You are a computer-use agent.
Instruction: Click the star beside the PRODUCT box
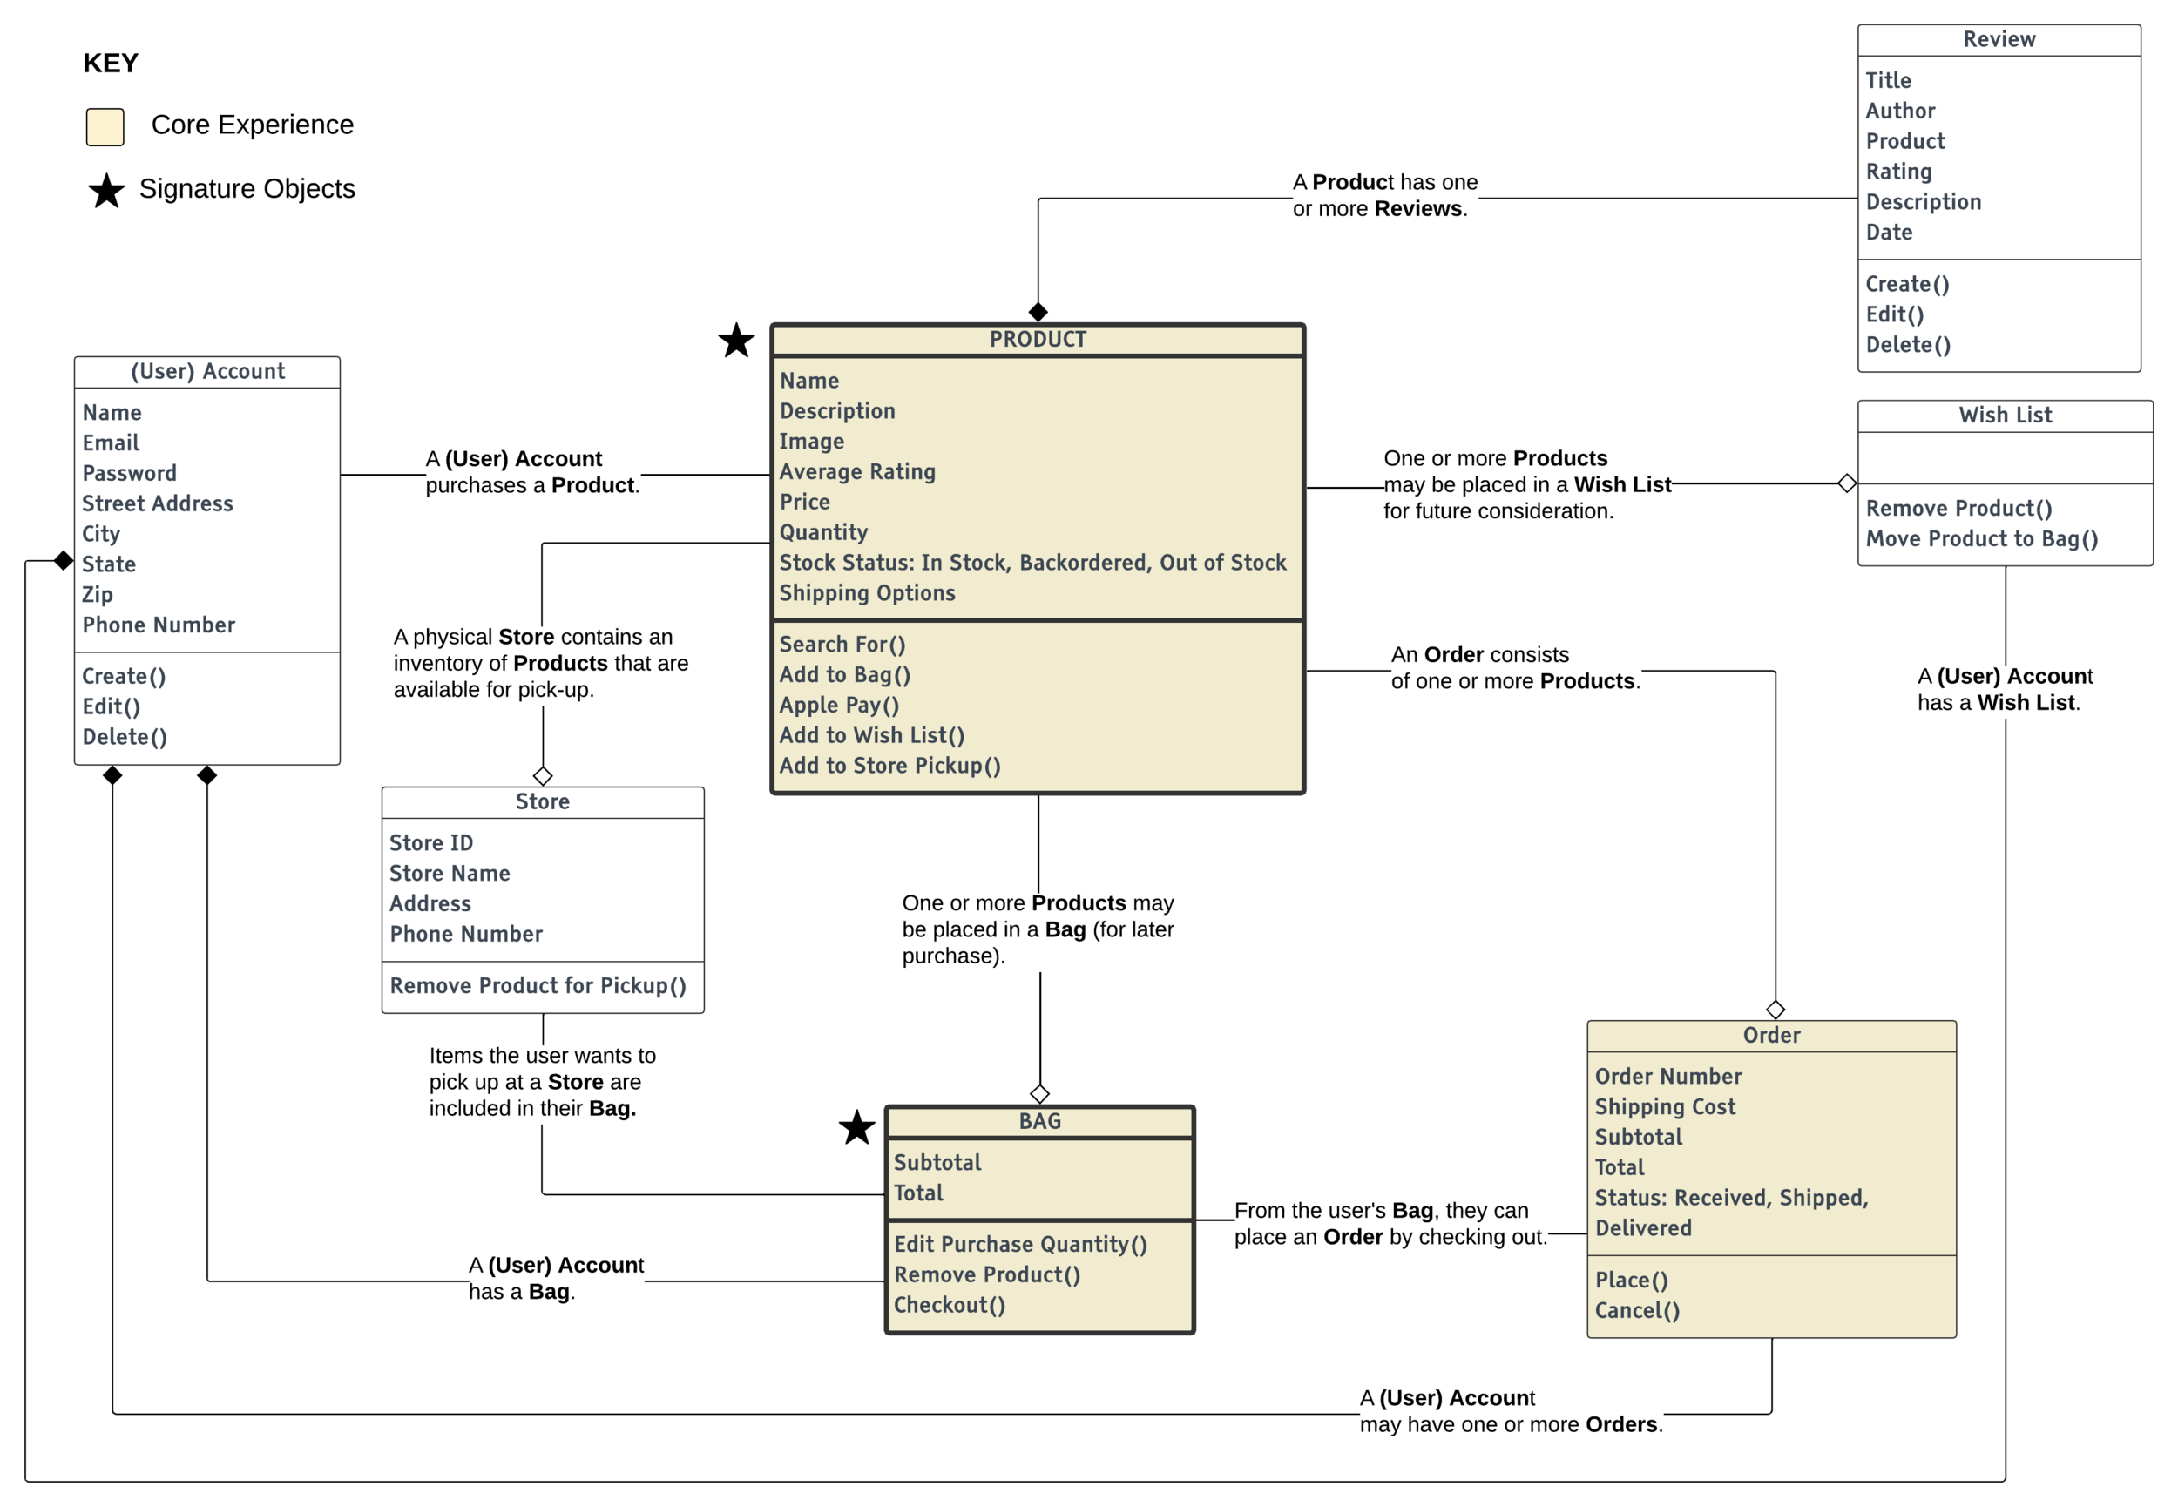[x=735, y=341]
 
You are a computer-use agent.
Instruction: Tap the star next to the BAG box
[x=856, y=1127]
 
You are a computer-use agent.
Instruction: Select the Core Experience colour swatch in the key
[x=105, y=126]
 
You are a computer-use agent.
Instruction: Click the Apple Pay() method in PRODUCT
[x=838, y=706]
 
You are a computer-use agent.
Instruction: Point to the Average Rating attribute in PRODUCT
[x=856, y=471]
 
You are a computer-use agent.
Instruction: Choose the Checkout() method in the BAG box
[x=949, y=1305]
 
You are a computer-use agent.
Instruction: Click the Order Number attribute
[x=1667, y=1077]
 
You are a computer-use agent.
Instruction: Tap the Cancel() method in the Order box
[x=1636, y=1311]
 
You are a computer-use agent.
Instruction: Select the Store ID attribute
[x=430, y=843]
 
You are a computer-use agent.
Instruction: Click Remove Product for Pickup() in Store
[x=538, y=986]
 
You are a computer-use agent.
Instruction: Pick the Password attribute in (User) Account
[x=129, y=473]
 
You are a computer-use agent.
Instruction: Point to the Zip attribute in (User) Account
[x=98, y=595]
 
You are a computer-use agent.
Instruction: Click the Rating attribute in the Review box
[x=1897, y=172]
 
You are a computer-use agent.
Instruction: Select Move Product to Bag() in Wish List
[x=1981, y=539]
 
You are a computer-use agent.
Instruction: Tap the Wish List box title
[x=2005, y=416]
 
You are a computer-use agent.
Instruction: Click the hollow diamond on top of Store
[x=543, y=776]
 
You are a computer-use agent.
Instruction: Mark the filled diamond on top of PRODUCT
[x=1038, y=312]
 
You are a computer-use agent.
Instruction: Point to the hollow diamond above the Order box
[x=1775, y=1010]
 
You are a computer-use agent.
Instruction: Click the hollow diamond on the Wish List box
[x=1847, y=483]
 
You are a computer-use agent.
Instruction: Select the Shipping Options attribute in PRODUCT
[x=867, y=593]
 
